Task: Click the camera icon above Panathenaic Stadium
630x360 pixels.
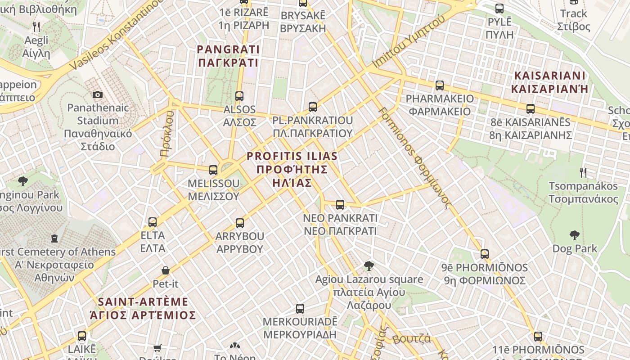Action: (x=97, y=94)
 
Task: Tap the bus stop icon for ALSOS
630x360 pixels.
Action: (x=239, y=96)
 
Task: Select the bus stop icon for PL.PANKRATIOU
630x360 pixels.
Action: (x=313, y=107)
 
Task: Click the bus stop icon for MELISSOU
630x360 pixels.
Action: (x=213, y=170)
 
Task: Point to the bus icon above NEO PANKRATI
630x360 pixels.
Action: (x=340, y=205)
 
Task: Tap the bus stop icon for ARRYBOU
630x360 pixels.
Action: (x=240, y=223)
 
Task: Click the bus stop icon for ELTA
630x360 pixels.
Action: (x=153, y=222)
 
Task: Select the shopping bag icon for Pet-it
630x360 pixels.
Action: (x=166, y=270)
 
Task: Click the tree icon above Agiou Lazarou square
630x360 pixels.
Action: (x=369, y=266)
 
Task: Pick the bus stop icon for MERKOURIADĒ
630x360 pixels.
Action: (x=300, y=309)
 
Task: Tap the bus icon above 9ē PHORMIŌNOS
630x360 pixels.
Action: (x=485, y=254)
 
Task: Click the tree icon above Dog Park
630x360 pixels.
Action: (x=574, y=235)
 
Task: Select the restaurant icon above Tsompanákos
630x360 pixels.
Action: (x=583, y=172)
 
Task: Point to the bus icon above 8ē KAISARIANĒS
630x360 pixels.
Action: (x=531, y=108)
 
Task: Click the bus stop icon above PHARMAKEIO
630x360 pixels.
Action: (x=440, y=85)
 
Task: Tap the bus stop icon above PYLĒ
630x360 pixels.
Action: (x=499, y=8)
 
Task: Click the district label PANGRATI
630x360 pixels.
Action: (x=229, y=55)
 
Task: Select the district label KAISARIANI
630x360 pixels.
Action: (x=549, y=81)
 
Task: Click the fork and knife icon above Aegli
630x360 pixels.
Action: (x=36, y=27)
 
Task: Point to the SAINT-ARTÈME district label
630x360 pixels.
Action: (x=143, y=308)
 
